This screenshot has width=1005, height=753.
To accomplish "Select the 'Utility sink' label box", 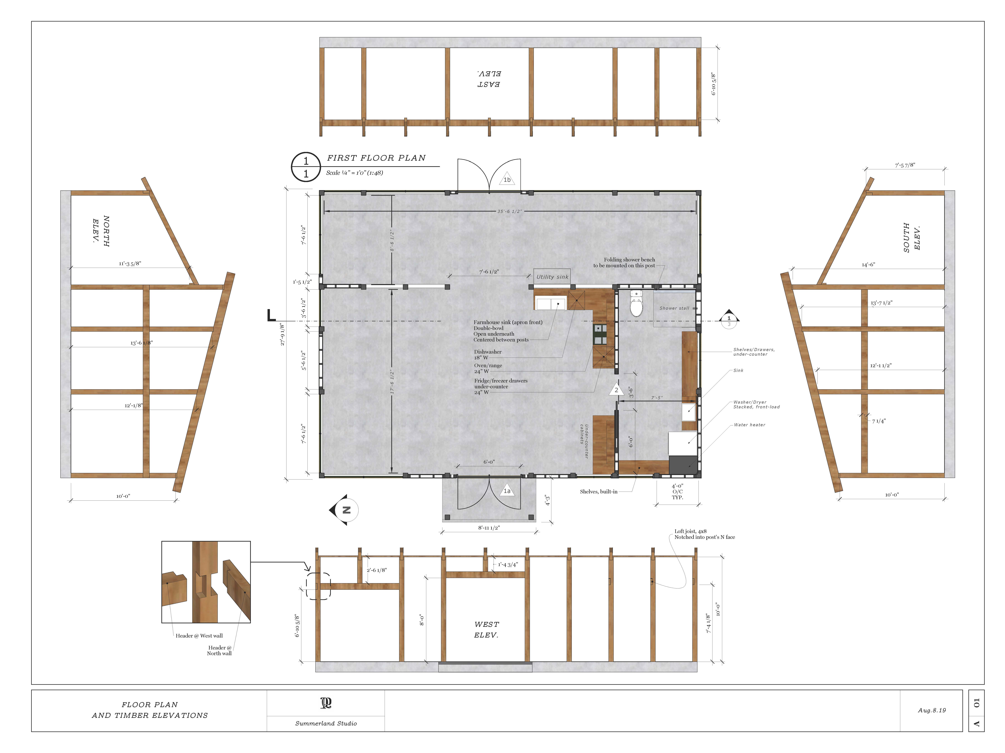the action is click(x=552, y=276).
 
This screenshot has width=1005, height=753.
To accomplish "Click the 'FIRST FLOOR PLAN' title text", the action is click(x=376, y=158).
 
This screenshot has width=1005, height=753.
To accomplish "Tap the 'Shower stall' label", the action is click(x=674, y=308).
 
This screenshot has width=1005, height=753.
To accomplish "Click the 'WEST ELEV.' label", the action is click(x=487, y=630).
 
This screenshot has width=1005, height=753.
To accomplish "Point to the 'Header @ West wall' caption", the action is click(x=199, y=635).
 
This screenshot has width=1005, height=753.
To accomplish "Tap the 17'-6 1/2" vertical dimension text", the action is click(x=392, y=382).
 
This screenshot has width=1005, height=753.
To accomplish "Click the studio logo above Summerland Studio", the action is click(x=326, y=703).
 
